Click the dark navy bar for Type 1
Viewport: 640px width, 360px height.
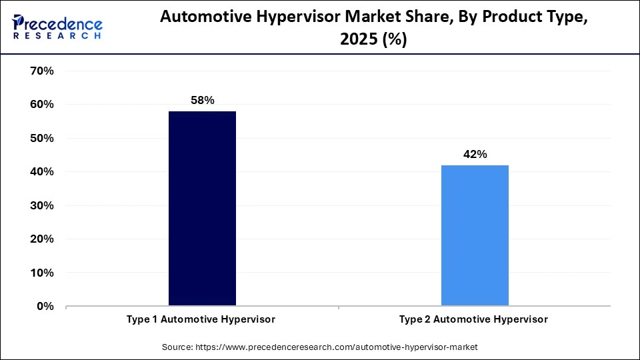tap(202, 209)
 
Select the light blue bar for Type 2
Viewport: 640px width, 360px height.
tap(475, 235)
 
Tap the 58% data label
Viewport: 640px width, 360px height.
tap(202, 100)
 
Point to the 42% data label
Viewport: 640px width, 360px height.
tap(475, 154)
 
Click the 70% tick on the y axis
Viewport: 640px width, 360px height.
tap(42, 71)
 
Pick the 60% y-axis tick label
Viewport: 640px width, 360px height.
tap(42, 105)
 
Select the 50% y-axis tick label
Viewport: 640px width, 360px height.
tap(42, 138)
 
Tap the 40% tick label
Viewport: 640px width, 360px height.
tap(42, 172)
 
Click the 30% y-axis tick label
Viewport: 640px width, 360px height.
tap(42, 205)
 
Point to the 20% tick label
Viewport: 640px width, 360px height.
tap(42, 239)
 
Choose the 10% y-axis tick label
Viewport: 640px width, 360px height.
tap(42, 273)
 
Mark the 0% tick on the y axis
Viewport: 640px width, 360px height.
tap(45, 306)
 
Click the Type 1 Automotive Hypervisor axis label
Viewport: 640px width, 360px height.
tap(201, 319)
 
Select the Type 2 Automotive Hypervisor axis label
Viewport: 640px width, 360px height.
tap(473, 319)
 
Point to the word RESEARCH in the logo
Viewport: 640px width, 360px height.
tap(57, 36)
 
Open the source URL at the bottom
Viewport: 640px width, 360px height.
tap(337, 347)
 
